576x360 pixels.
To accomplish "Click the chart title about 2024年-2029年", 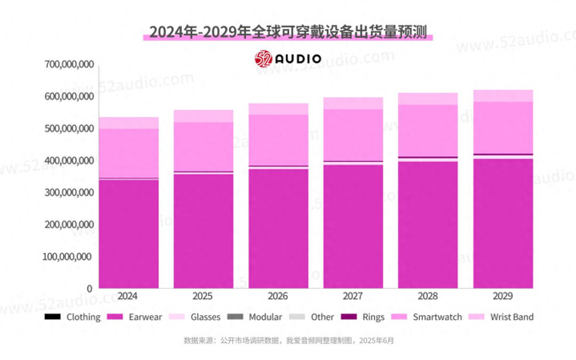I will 288,31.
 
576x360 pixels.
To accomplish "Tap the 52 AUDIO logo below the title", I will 288,59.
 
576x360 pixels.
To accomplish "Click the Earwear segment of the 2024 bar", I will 128,233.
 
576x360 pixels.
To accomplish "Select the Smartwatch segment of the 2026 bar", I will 278,140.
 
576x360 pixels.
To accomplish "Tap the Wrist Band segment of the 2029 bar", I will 503,95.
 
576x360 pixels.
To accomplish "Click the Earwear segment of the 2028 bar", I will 428,224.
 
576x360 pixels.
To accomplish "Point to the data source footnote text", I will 288,340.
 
